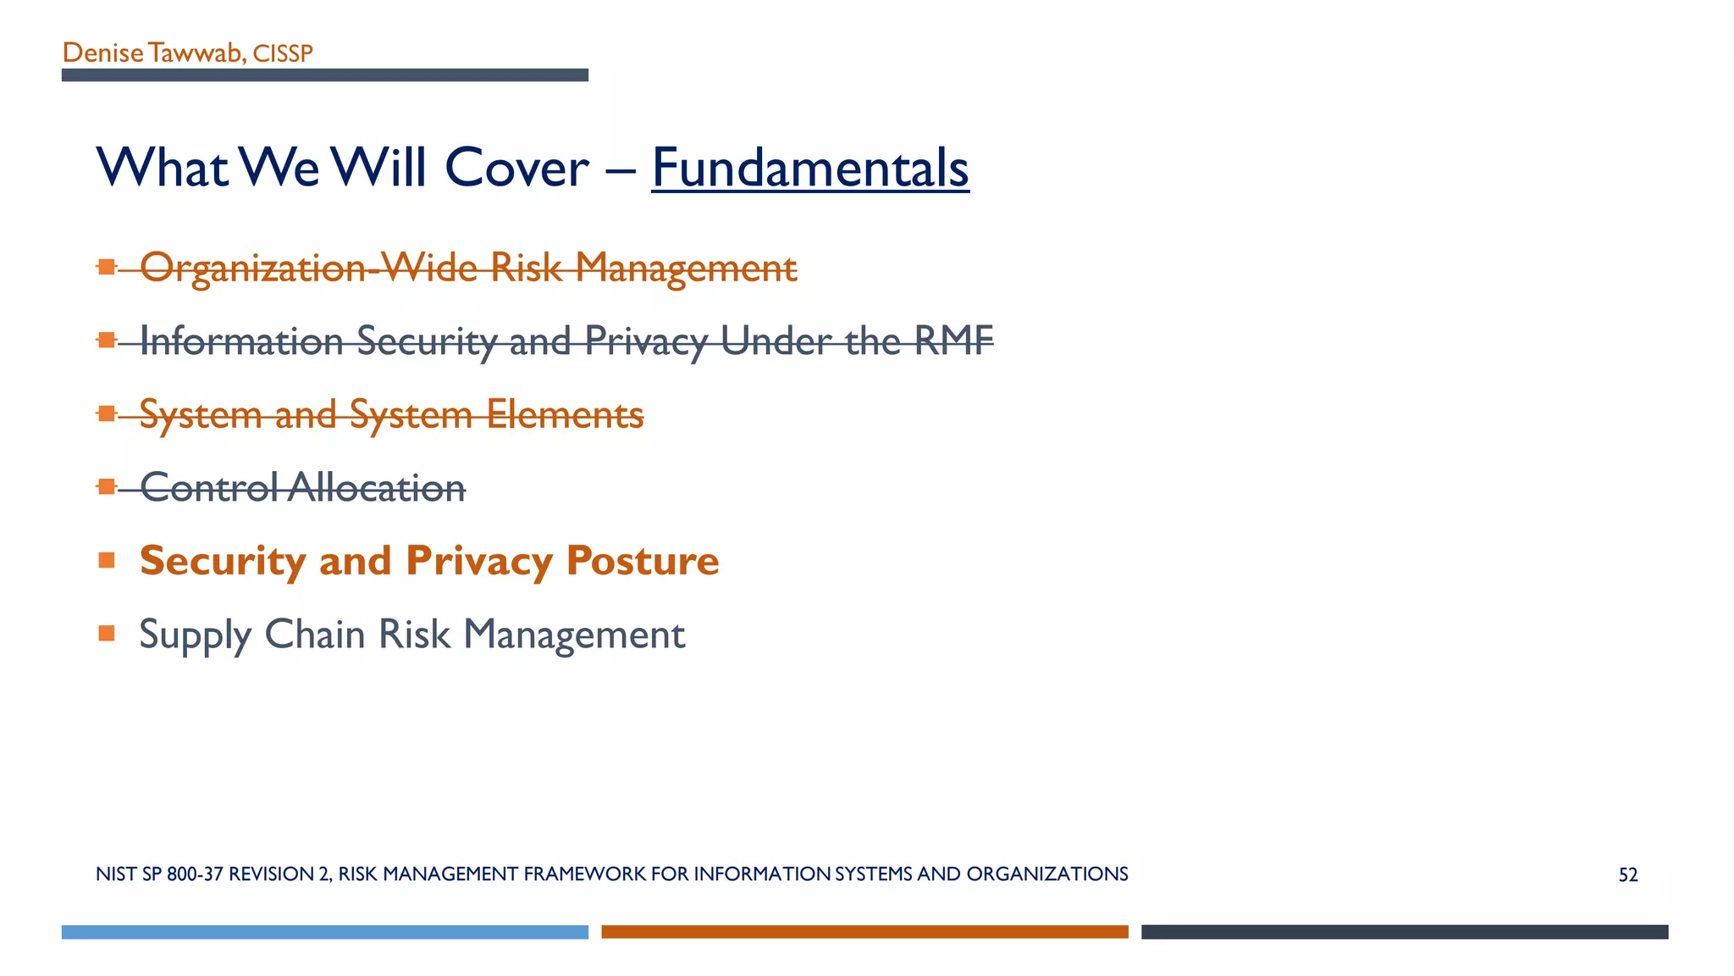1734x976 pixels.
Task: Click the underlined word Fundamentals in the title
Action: tap(809, 168)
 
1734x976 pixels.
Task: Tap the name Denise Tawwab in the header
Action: tap(152, 53)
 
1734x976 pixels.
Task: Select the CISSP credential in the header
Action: tap(283, 53)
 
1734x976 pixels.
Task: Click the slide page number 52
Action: tap(1627, 874)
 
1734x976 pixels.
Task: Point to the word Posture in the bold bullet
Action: tap(643, 561)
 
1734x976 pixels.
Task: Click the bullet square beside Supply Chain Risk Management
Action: tap(107, 633)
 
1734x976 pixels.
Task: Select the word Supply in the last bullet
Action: tap(195, 635)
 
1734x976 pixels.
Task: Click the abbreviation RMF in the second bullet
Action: tap(953, 341)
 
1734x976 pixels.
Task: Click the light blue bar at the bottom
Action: tap(324, 932)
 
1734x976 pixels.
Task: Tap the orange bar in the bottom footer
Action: tap(864, 932)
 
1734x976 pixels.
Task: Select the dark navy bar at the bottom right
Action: tap(1404, 932)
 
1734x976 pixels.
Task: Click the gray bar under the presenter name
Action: tap(324, 75)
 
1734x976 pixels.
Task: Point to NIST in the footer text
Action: tap(116, 874)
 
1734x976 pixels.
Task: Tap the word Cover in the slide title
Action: tap(516, 168)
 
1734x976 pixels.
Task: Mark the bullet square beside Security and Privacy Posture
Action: tap(107, 560)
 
